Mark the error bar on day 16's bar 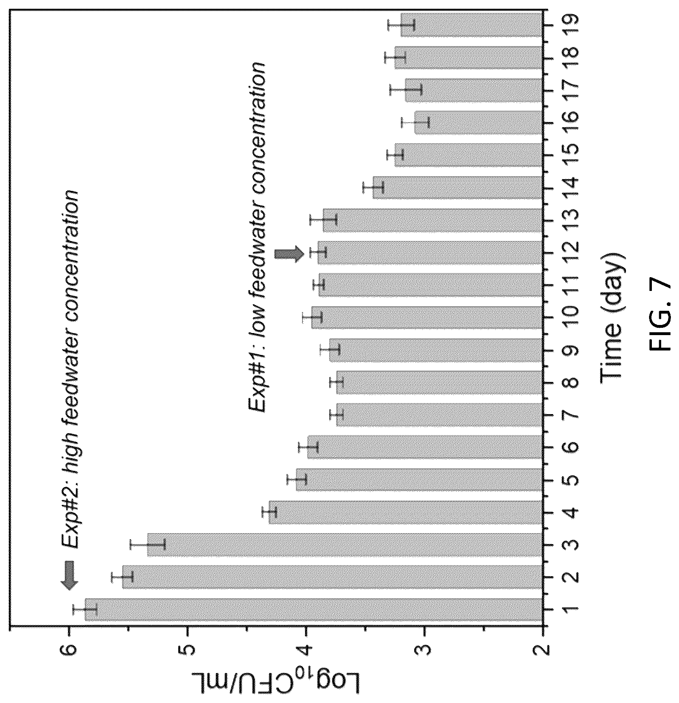tap(415, 122)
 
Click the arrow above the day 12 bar tap(289, 254)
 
